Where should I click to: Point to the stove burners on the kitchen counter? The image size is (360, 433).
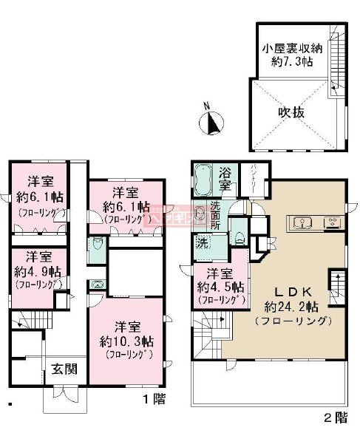click(333, 221)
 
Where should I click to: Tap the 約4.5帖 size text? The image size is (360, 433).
click(214, 287)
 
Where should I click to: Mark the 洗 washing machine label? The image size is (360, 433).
click(202, 242)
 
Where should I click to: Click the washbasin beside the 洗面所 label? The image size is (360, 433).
click(200, 212)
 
